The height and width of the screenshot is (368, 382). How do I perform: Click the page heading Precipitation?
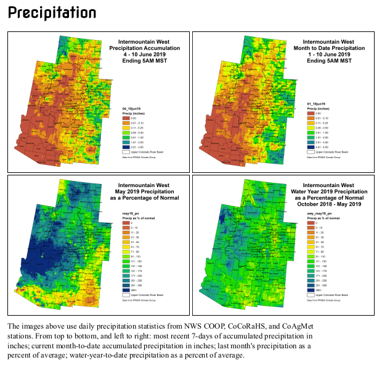(x=52, y=13)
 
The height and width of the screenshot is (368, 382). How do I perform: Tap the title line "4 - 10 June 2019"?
(x=144, y=55)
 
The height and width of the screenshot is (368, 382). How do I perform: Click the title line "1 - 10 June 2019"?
(x=330, y=55)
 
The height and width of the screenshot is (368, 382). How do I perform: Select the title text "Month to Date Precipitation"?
(x=330, y=47)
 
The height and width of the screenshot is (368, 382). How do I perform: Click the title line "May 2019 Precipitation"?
(x=144, y=191)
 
